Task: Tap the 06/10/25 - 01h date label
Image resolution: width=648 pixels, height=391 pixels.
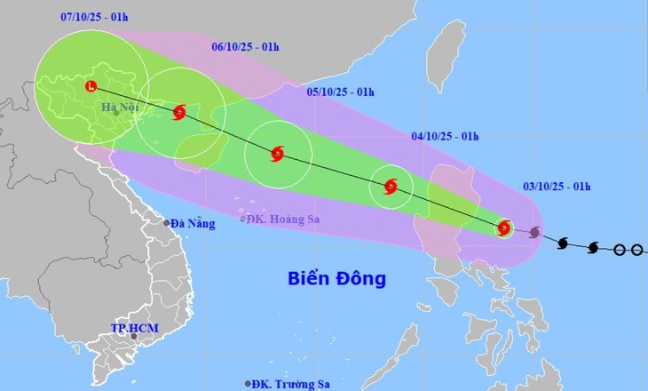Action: tap(246, 46)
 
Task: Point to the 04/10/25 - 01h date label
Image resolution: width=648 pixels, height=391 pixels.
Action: tap(446, 136)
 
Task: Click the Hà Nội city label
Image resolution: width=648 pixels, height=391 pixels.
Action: tap(119, 109)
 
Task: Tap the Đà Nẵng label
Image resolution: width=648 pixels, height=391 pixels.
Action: tap(194, 224)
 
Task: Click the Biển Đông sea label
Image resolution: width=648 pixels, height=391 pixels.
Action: tap(337, 278)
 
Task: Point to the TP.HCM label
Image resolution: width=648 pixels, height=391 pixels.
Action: tap(133, 328)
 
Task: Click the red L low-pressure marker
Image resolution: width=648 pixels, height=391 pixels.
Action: tap(91, 86)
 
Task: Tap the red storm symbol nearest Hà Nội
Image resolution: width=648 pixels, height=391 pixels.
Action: tap(179, 112)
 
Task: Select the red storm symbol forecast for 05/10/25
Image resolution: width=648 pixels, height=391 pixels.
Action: tap(276, 155)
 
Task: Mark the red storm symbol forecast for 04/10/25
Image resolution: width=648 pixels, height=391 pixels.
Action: tap(391, 187)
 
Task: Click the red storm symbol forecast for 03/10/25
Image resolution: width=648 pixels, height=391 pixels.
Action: tap(504, 228)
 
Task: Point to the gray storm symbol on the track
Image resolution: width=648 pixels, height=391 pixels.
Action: tap(534, 234)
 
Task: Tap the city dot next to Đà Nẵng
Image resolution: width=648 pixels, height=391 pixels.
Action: tap(166, 223)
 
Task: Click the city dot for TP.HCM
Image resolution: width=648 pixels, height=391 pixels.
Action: tap(134, 337)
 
